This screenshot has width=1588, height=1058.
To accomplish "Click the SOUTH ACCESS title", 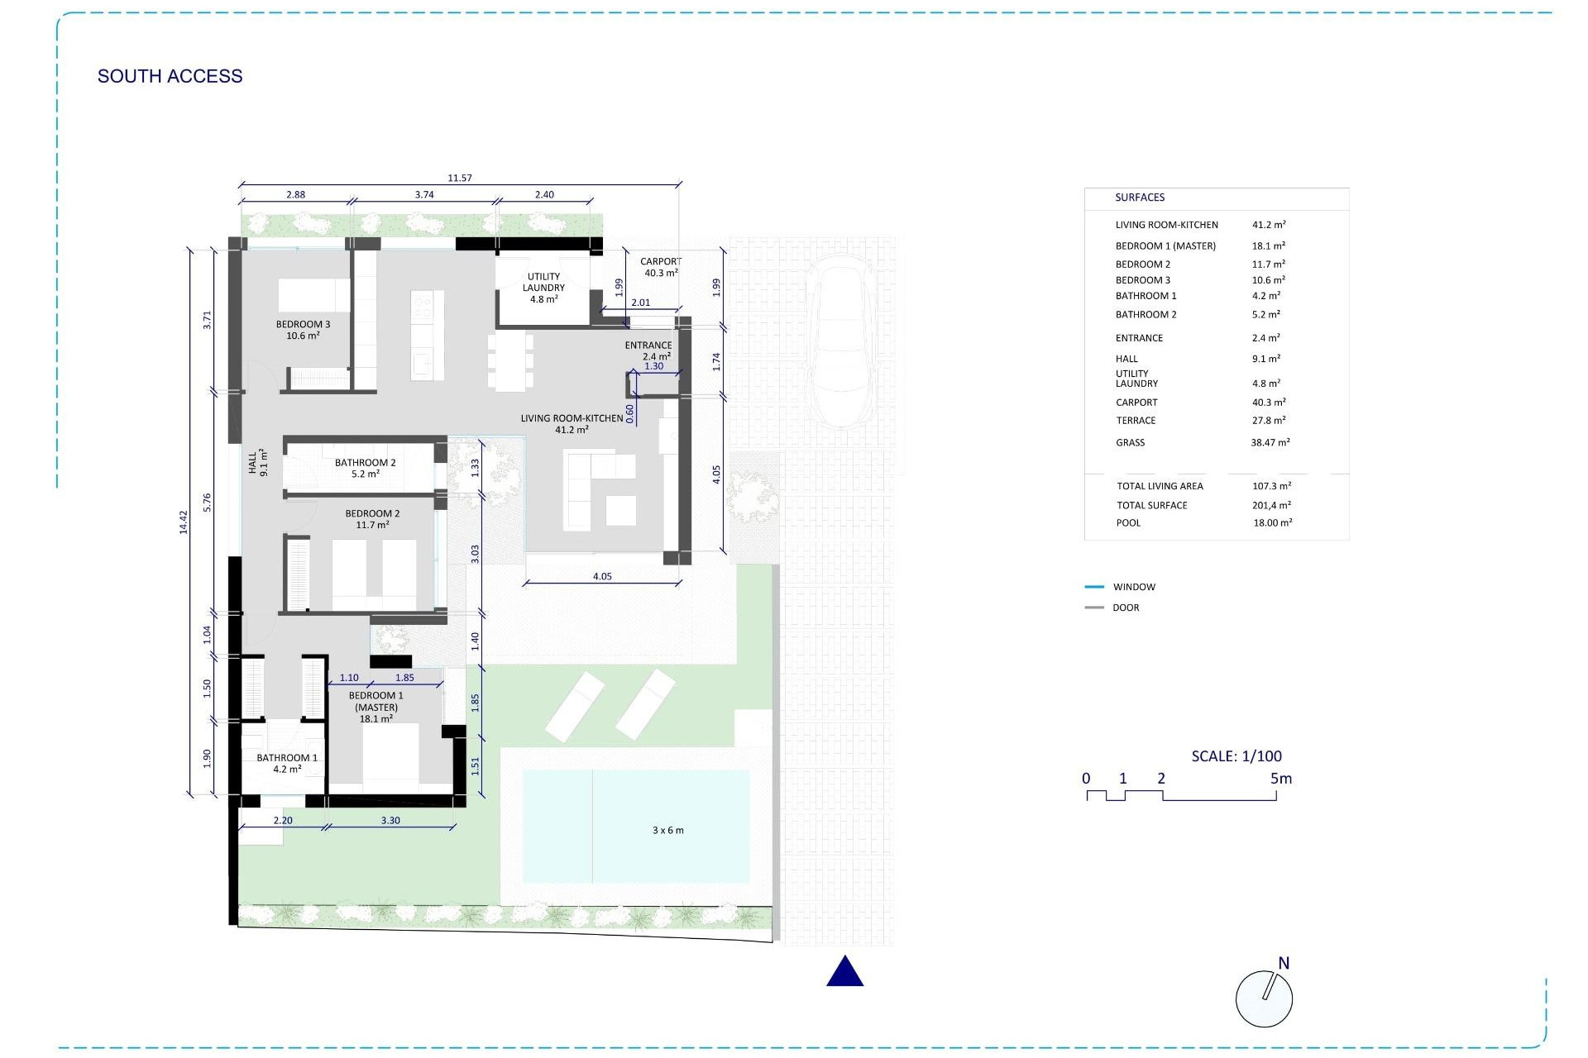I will click(170, 76).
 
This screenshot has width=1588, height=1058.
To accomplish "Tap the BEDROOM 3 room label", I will click(303, 325).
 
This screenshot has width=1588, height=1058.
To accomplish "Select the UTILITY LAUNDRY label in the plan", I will click(543, 283).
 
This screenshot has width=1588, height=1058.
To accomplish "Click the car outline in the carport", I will click(839, 343).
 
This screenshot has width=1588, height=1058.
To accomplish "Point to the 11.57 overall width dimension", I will click(459, 178).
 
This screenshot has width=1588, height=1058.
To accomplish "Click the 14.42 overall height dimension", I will click(184, 522).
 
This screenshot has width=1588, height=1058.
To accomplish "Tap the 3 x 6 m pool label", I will click(667, 830).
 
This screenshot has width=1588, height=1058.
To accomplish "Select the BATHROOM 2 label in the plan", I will click(365, 463).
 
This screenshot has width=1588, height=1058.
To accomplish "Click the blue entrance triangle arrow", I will click(844, 972).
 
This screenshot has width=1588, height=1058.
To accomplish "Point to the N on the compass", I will click(1284, 963).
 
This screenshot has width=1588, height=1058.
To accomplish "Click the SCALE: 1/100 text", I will click(1236, 755).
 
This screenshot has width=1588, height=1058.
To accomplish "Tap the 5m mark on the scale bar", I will click(1280, 779).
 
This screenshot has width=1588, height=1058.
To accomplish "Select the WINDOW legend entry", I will click(1133, 587).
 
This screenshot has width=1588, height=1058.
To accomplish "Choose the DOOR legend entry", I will click(1126, 608).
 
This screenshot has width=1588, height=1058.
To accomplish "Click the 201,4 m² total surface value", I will click(1271, 505).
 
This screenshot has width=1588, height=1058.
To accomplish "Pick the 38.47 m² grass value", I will click(1270, 442).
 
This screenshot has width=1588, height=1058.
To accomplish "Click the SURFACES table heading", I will click(1139, 198).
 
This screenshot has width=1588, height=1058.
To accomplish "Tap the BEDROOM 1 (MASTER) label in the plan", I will click(376, 702).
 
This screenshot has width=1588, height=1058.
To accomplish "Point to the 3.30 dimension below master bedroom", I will click(390, 821).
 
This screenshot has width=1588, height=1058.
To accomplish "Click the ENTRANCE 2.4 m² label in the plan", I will click(648, 346).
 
